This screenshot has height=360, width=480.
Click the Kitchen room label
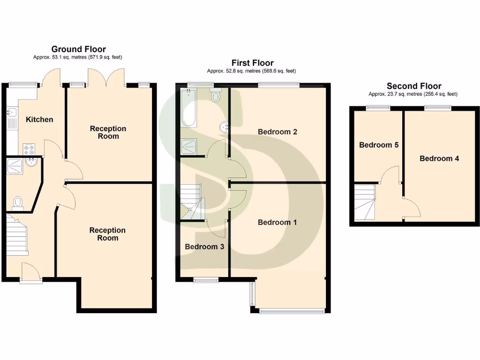(39, 120)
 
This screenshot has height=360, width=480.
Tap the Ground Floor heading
(78, 49)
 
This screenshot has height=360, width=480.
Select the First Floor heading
(252, 63)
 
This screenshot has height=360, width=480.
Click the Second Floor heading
(413, 86)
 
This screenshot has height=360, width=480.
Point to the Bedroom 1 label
(277, 222)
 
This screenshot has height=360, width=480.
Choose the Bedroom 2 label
(277, 132)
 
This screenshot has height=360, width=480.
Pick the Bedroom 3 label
(204, 247)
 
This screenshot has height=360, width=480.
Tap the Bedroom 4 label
(439, 158)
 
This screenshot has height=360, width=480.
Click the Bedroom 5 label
(379, 145)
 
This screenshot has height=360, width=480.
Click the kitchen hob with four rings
(29, 149)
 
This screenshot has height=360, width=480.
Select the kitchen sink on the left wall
(12, 112)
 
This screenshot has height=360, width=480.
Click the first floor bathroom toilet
(216, 96)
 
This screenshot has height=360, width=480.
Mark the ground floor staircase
(17, 237)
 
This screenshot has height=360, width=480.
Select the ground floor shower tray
(16, 166)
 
